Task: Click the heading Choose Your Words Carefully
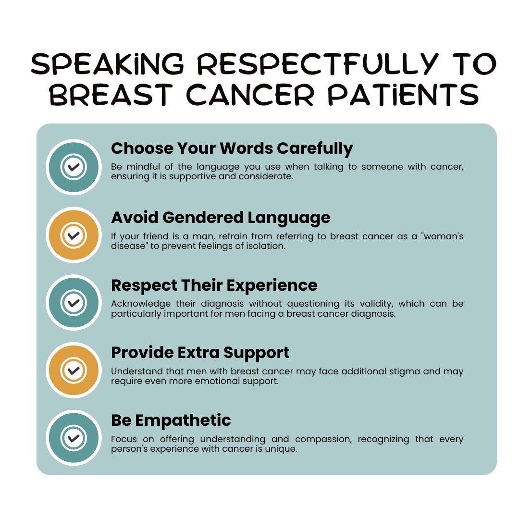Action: click(x=232, y=148)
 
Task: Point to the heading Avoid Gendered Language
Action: click(x=221, y=218)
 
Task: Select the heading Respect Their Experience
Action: click(x=214, y=285)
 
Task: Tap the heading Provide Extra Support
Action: click(x=200, y=353)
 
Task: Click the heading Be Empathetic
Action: click(x=171, y=420)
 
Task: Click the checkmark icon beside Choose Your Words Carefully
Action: click(x=74, y=167)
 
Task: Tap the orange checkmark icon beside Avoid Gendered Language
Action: click(x=74, y=235)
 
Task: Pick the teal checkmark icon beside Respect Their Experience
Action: click(x=74, y=303)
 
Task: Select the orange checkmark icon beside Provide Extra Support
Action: click(x=74, y=370)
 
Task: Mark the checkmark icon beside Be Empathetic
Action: click(x=74, y=438)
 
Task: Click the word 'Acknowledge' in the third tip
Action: click(x=141, y=304)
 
